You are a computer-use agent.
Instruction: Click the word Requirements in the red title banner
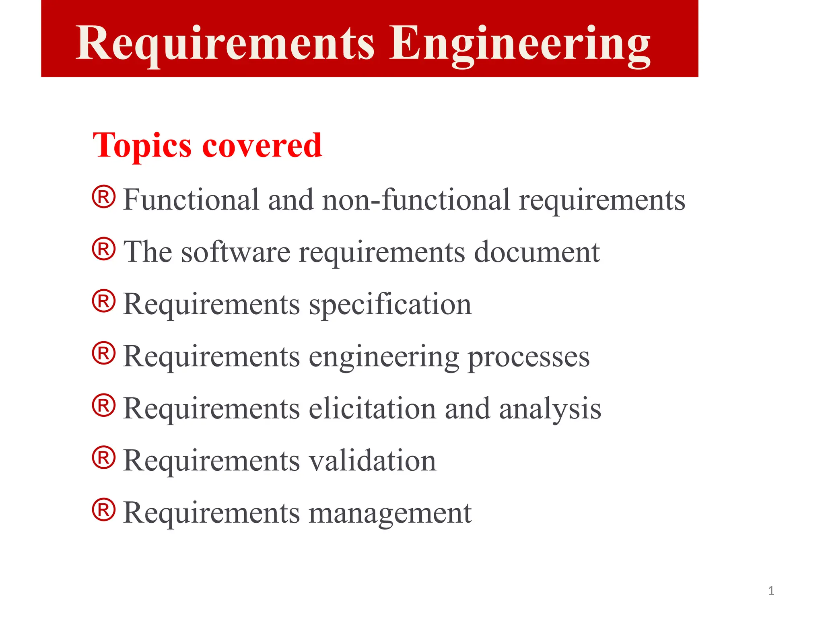tap(225, 43)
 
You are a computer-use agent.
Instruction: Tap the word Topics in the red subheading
tap(142, 145)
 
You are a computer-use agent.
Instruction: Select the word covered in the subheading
tap(262, 145)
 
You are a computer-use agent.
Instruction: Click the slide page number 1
tap(771, 591)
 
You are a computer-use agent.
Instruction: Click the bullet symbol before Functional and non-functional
tap(104, 197)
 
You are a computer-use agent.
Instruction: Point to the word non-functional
tap(416, 200)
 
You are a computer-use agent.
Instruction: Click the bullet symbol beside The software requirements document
tap(104, 249)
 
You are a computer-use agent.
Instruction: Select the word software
tap(235, 252)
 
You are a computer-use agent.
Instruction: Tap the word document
tap(537, 252)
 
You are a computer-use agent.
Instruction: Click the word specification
tap(390, 305)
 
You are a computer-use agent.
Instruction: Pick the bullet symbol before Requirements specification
tap(104, 301)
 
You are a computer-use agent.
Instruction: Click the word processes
tap(529, 357)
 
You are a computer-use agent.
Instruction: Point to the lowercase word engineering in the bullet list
tap(383, 357)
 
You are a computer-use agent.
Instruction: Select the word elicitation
tap(372, 408)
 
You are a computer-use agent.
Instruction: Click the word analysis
tap(550, 409)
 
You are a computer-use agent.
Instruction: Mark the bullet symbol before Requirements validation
tap(104, 457)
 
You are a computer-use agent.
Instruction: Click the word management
tap(390, 513)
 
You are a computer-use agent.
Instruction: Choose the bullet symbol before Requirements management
tap(104, 510)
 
